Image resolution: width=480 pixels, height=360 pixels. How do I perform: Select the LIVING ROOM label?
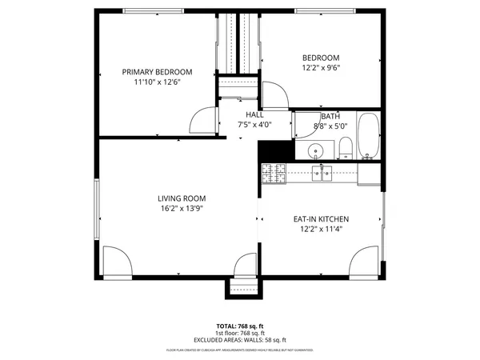tap(182, 198)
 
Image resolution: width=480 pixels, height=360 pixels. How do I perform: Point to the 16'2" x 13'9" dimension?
tap(182, 209)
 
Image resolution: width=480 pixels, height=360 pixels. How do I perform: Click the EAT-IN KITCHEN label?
tap(320, 219)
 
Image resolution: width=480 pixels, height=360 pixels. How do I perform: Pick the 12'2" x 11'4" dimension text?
tap(320, 230)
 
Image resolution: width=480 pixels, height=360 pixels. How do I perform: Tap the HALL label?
tap(254, 114)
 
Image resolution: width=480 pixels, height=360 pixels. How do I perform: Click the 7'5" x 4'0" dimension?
tap(254, 125)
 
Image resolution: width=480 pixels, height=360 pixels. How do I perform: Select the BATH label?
tap(330, 115)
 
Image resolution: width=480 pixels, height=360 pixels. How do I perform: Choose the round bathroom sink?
tap(315, 150)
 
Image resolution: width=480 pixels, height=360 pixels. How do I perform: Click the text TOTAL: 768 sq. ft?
tap(240, 326)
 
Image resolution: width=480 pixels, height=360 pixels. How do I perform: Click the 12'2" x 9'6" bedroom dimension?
tap(321, 69)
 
